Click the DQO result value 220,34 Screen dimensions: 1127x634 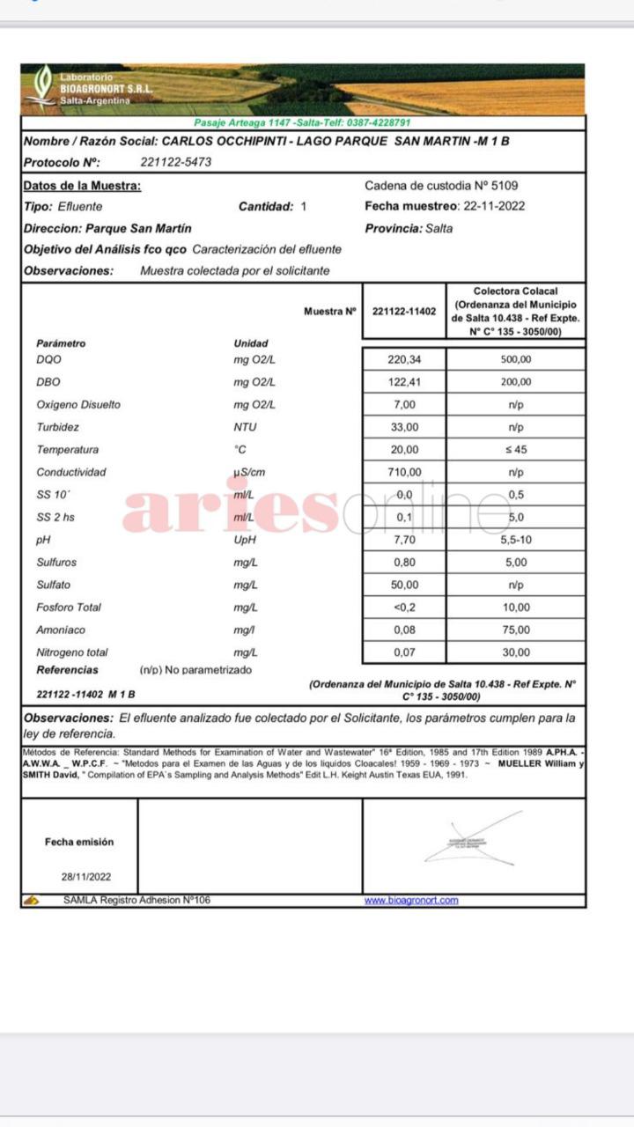(404, 359)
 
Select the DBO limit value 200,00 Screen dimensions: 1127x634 (516, 382)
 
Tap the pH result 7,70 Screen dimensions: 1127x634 (404, 540)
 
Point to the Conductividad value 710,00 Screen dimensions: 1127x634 (404, 472)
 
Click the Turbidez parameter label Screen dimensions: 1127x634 (57, 427)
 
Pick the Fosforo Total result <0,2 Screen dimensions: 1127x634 (404, 608)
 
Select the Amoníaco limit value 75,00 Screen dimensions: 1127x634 (516, 630)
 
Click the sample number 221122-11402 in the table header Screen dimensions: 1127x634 (404, 311)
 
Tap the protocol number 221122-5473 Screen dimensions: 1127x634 (175, 162)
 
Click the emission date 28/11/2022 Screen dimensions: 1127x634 (86, 877)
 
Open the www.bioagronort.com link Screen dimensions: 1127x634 (411, 900)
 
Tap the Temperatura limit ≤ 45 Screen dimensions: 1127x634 (516, 450)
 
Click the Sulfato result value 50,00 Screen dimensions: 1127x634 (404, 585)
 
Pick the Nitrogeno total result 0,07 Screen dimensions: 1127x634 (404, 652)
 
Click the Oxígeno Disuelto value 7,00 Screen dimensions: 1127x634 (404, 405)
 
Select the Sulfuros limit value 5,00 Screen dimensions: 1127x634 (516, 562)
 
